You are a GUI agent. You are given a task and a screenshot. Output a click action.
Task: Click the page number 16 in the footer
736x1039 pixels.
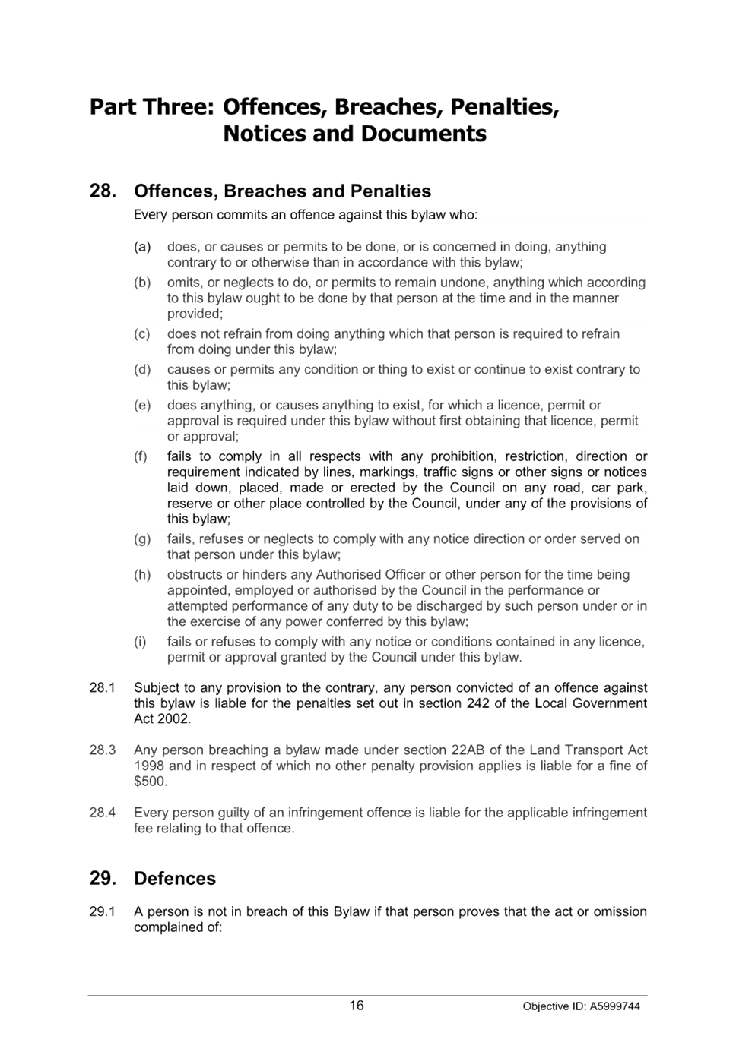coord(356,1005)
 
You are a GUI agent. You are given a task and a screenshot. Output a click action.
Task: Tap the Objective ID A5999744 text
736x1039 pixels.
coord(582,1006)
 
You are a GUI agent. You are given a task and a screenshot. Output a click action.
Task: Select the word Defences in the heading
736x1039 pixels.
coord(175,879)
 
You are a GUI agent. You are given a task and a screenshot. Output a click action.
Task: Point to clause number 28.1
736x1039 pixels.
coord(102,687)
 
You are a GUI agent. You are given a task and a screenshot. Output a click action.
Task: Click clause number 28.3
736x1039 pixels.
coord(102,750)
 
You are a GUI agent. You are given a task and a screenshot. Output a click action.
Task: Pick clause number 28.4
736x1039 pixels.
coord(102,813)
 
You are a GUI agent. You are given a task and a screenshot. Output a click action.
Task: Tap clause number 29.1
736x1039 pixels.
coord(102,911)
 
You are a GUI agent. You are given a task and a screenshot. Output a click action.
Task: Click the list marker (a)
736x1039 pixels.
coord(142,247)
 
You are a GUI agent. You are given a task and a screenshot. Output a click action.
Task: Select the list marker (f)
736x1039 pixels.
coord(140,457)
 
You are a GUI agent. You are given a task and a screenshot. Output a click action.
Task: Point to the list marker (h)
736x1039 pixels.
coord(142,575)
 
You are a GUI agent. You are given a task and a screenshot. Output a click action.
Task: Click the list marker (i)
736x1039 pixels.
coord(139,642)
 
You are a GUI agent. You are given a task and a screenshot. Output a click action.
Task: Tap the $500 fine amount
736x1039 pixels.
coord(149,782)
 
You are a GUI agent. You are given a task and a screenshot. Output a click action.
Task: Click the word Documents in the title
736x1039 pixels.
coord(424,134)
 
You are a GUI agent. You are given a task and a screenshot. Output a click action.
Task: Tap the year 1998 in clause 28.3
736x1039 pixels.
coord(148,766)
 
